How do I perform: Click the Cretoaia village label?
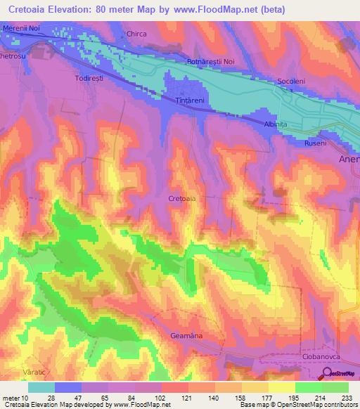182,199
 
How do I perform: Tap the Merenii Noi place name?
22,27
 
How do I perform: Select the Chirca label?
136,33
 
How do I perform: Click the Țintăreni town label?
188,100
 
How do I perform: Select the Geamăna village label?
186,336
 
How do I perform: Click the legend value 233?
348,397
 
